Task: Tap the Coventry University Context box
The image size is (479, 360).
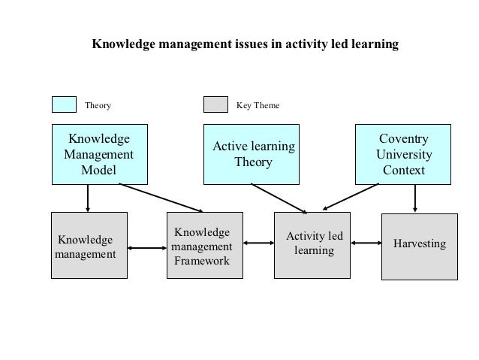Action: [x=404, y=155]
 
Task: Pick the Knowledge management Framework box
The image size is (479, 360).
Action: [x=202, y=246]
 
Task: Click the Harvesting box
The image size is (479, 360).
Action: [x=420, y=246]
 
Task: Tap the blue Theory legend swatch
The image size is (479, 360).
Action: [x=64, y=105]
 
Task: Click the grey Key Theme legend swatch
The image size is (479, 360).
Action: [x=215, y=105]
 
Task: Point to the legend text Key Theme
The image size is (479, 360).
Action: [x=258, y=106]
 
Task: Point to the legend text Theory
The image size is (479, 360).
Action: [x=98, y=106]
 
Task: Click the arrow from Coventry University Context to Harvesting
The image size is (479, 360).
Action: [x=415, y=198]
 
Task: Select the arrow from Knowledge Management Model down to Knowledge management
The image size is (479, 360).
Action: [x=89, y=198]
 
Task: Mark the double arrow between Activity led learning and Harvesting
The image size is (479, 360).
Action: [x=367, y=243]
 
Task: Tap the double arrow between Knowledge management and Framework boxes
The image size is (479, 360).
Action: [x=146, y=247]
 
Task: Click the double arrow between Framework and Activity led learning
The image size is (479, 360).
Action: [x=256, y=243]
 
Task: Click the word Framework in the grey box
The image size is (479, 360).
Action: [x=202, y=261]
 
